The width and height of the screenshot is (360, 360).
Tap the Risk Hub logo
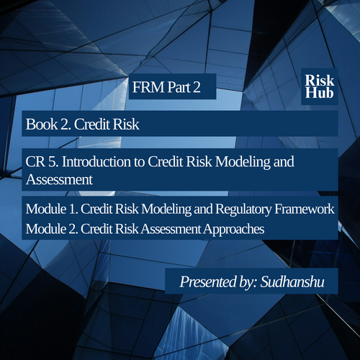pos(320,86)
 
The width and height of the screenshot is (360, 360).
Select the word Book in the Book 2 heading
pos(42,125)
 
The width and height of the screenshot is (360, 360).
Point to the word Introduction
pos(96,161)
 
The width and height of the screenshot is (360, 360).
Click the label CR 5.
pos(42,161)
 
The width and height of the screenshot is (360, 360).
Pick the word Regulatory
pos(243,210)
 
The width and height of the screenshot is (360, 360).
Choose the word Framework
pos(305,209)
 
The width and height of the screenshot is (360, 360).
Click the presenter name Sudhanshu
pos(292,282)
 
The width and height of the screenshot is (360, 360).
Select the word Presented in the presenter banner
pos(208,282)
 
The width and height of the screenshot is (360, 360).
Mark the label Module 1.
pos(52,209)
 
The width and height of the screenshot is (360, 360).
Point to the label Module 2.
pos(52,229)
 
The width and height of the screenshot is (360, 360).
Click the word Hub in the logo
pos(320,93)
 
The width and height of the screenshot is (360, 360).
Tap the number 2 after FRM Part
pos(197,87)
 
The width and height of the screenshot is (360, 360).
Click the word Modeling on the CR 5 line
pos(243,162)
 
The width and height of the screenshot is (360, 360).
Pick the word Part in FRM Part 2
pos(179,87)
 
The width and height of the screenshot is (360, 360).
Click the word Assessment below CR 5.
pos(59,179)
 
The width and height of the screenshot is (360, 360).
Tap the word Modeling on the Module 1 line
pos(166,210)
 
